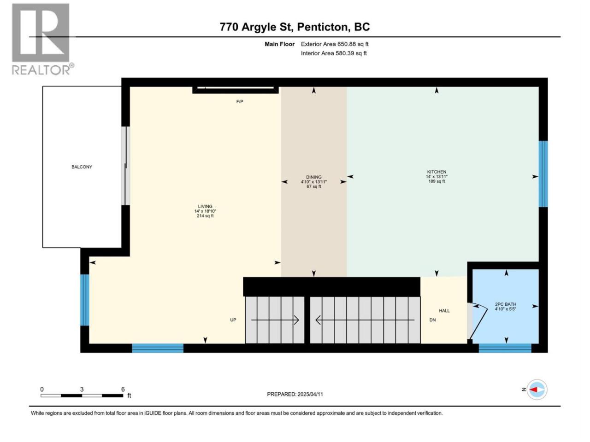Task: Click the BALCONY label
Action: pyautogui.click(x=82, y=167)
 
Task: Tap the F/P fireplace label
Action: pyautogui.click(x=240, y=101)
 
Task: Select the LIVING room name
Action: pyautogui.click(x=205, y=206)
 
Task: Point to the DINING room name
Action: pyautogui.click(x=314, y=177)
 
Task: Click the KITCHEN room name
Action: pyautogui.click(x=437, y=172)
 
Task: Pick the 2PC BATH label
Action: pyautogui.click(x=506, y=304)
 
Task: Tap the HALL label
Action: pyautogui.click(x=444, y=311)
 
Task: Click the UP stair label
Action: pyautogui.click(x=233, y=320)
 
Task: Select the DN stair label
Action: pyautogui.click(x=432, y=320)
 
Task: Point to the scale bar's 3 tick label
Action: pyautogui.click(x=82, y=389)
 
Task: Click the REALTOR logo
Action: pyautogui.click(x=42, y=39)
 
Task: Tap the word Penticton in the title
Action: pyautogui.click(x=324, y=27)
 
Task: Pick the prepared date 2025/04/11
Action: pyautogui.click(x=310, y=394)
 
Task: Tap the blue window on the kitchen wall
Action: pyautogui.click(x=543, y=174)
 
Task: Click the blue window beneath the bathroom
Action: pyautogui.click(x=505, y=348)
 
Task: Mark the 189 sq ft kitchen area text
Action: pyautogui.click(x=437, y=181)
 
